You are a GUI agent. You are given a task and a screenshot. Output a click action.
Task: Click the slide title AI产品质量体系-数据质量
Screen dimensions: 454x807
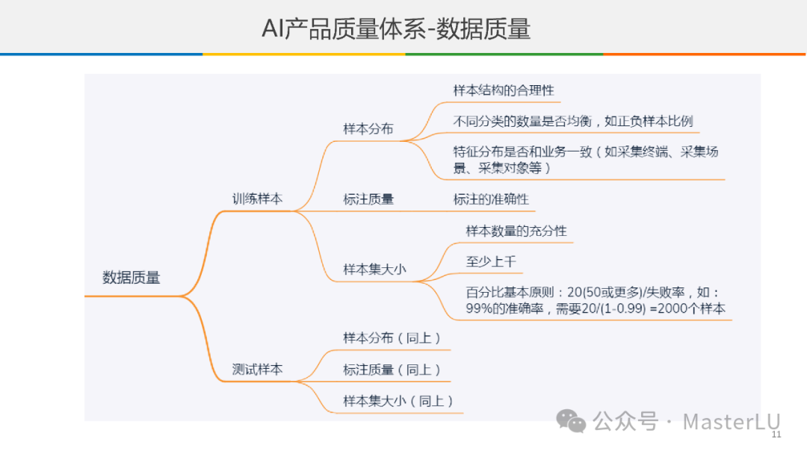click(x=396, y=29)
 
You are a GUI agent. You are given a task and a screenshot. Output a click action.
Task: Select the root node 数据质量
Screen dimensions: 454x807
click(x=132, y=278)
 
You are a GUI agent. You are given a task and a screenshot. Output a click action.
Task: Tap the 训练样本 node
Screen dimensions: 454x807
click(x=257, y=199)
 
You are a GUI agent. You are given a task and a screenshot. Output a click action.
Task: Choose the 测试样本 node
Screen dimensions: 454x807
click(x=257, y=369)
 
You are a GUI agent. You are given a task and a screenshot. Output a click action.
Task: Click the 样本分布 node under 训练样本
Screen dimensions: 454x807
click(x=368, y=128)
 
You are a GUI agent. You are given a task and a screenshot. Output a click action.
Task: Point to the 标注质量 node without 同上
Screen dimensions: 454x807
click(x=368, y=199)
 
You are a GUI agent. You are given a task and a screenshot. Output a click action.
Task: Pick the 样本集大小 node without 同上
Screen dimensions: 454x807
click(x=374, y=270)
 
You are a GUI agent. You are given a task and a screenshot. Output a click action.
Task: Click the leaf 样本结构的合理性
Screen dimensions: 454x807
click(x=504, y=90)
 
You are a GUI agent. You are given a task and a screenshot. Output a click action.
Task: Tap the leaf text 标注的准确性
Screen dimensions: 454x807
click(x=491, y=199)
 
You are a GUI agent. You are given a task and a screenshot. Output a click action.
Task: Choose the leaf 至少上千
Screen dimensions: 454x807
click(x=490, y=262)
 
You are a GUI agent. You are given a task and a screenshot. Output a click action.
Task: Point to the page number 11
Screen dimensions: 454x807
click(x=776, y=435)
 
